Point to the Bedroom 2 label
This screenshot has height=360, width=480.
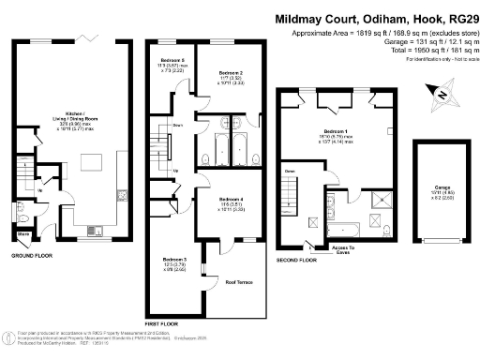pyautogui.click(x=231, y=72)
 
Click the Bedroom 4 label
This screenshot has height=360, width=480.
pyautogui.click(x=231, y=200)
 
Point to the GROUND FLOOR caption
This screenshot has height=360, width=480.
pyautogui.click(x=31, y=254)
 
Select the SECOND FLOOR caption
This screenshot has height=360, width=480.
pyautogui.click(x=295, y=260)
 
